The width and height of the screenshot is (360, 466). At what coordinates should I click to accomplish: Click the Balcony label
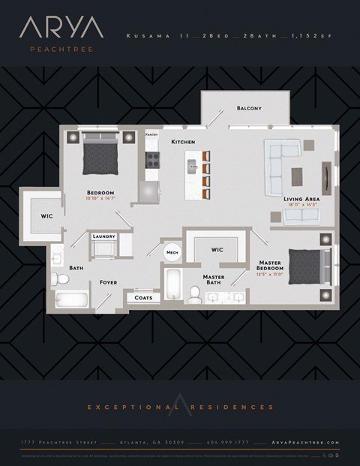pyautogui.click(x=249, y=109)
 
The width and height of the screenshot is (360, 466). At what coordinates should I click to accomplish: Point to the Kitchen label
pyautogui.click(x=183, y=141)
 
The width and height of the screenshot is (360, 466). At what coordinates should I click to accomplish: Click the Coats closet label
pyautogui.click(x=144, y=298)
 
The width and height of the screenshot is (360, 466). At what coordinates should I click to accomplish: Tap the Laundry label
pyautogui.click(x=103, y=236)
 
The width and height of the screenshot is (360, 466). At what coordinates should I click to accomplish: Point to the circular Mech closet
pyautogui.click(x=172, y=253)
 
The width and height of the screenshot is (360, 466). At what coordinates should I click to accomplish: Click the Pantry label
pyautogui.click(x=152, y=135)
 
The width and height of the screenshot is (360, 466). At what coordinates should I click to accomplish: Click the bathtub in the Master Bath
pyautogui.click(x=172, y=290)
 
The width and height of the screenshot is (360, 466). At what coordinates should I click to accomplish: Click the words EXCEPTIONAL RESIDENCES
pyautogui.click(x=180, y=407)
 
